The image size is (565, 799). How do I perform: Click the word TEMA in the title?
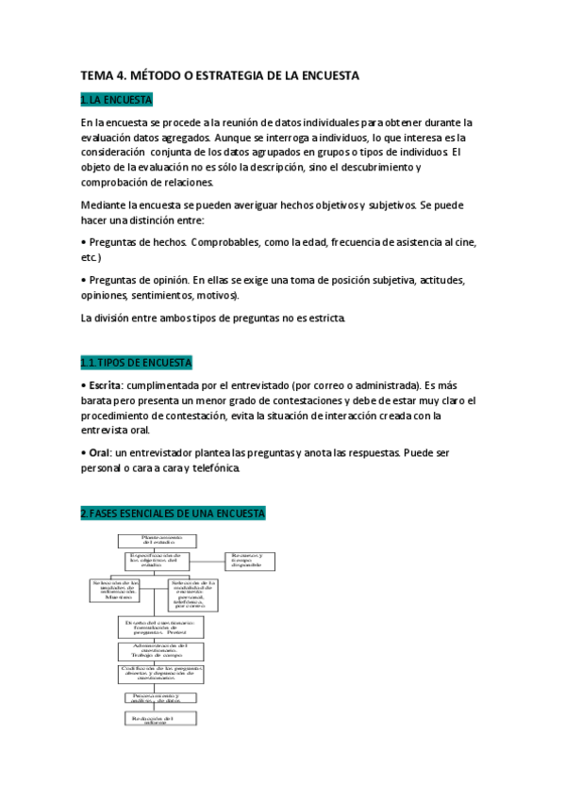coord(95,74)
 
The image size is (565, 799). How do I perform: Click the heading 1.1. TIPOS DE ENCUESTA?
coord(137,363)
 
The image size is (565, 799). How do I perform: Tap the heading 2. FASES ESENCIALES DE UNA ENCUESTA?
coord(173,514)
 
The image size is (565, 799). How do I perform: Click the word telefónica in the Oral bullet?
coord(220,467)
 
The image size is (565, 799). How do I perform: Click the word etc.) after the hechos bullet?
coord(91,257)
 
